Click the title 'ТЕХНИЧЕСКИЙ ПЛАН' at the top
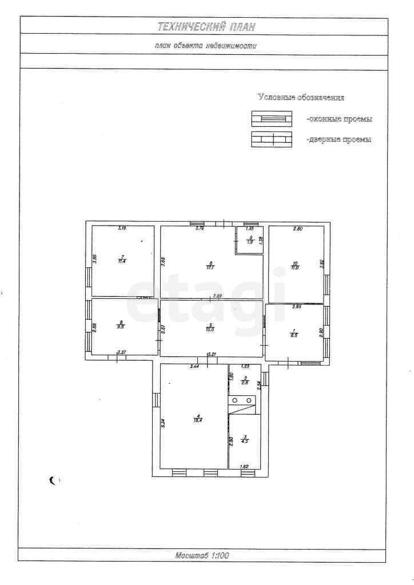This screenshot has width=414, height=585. pos(206,26)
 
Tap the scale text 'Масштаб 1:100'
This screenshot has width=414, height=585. pos(204,555)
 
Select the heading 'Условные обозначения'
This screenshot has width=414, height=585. pos(301,98)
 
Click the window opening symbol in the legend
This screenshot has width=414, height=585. pos(272,119)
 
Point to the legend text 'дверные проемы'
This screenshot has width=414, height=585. pos(339,139)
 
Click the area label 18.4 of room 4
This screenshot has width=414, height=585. pos(198,420)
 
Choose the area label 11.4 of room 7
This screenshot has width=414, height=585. pos(122,261)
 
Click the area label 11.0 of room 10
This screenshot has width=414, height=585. pos(295,266)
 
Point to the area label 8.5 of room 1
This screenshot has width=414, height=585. pos(294,335)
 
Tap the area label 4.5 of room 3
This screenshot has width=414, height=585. pos(245,440)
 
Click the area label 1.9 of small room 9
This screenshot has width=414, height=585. pos(250,242)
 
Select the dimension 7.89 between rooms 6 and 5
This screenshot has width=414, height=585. pos(217,296)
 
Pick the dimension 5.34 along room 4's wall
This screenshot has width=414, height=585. pos(163,423)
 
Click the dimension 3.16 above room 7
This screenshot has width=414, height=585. pos(122,229)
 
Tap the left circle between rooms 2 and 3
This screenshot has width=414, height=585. pos(235,400)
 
